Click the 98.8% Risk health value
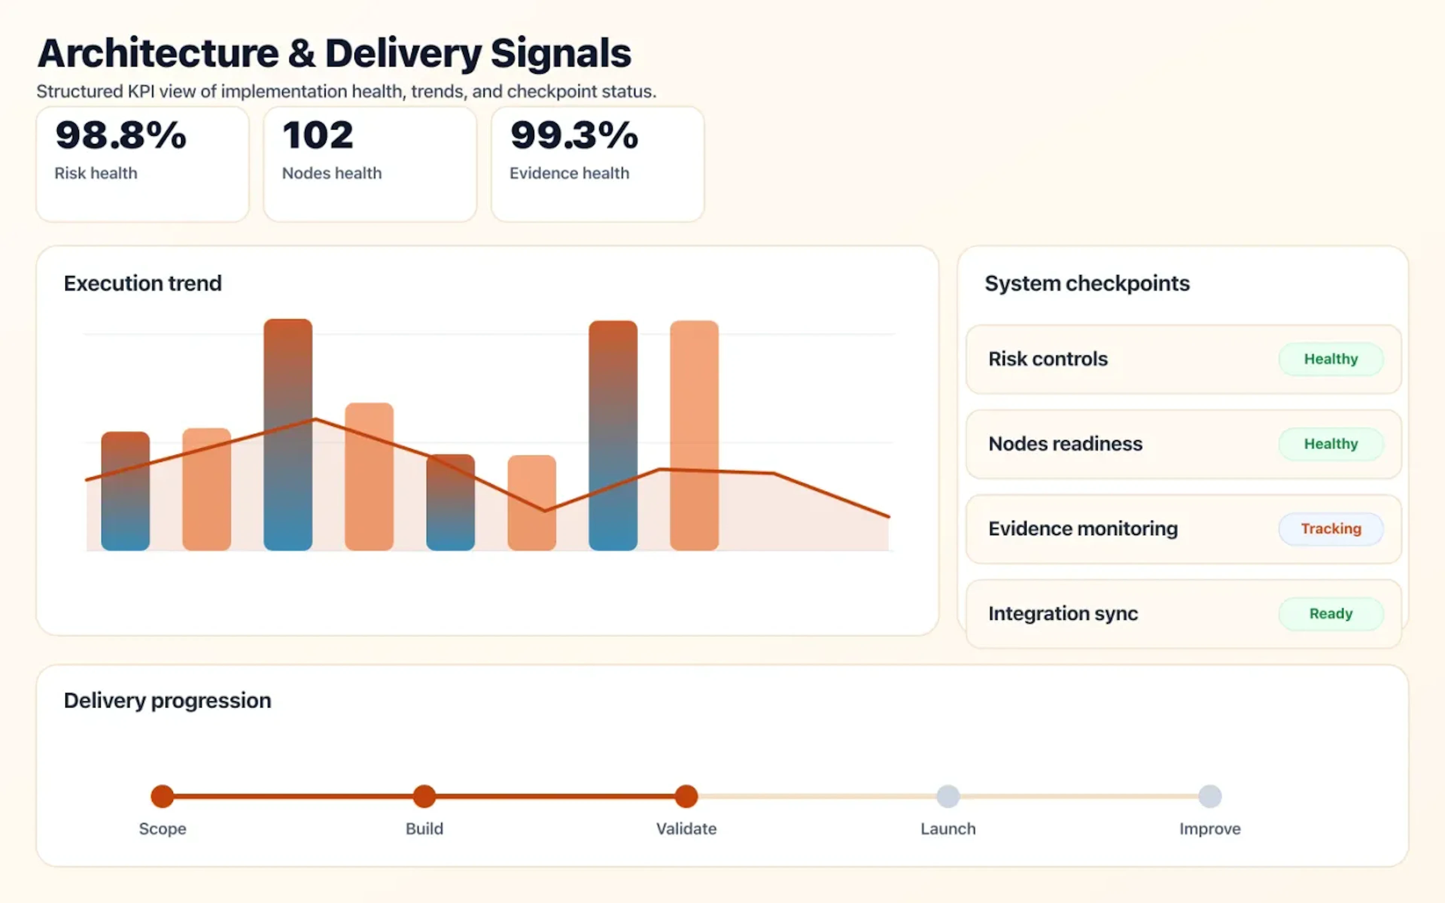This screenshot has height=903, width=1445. [121, 135]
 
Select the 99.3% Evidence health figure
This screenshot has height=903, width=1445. [574, 135]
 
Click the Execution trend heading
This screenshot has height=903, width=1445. [143, 283]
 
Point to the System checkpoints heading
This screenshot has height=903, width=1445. [1087, 283]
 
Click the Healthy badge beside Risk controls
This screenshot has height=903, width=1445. [1330, 359]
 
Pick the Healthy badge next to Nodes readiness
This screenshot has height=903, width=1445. [1330, 444]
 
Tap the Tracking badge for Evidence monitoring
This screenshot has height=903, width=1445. [1330, 529]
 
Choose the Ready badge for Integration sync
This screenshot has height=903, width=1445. [1330, 613]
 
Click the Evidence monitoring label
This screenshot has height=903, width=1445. [1083, 529]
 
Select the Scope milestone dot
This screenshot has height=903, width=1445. [163, 796]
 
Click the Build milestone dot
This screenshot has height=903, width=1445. [424, 796]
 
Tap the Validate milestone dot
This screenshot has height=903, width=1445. [686, 796]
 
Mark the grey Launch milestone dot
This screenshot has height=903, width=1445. [948, 796]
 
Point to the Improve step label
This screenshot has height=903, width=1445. [1210, 829]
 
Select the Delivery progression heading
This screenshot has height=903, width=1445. [167, 700]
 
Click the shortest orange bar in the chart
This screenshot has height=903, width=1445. [531, 503]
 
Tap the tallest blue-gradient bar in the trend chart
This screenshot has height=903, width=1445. [288, 435]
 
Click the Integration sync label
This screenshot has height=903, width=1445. [1063, 613]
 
